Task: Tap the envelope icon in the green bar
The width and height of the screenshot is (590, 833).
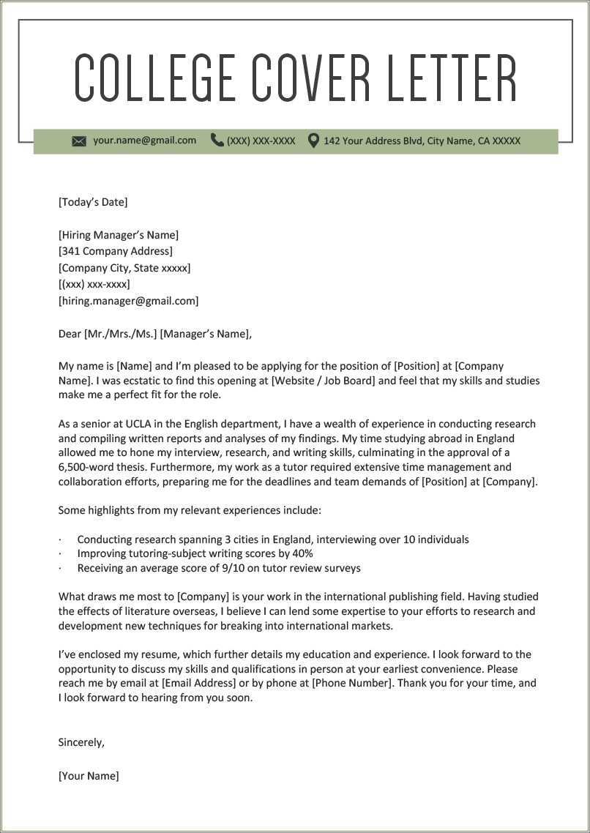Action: click(79, 141)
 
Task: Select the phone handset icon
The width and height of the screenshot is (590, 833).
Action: click(217, 140)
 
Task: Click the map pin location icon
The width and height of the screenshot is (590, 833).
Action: click(313, 140)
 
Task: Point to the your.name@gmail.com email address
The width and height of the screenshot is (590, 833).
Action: click(144, 140)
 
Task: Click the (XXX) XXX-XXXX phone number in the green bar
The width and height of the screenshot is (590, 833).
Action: click(261, 141)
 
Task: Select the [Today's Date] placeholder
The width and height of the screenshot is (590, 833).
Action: click(93, 202)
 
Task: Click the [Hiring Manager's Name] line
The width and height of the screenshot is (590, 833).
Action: click(119, 235)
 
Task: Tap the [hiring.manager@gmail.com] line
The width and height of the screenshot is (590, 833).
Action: click(128, 301)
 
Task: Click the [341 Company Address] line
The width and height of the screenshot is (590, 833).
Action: click(116, 251)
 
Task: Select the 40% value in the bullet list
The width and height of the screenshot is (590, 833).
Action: click(302, 553)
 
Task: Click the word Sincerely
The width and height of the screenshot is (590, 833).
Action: click(81, 742)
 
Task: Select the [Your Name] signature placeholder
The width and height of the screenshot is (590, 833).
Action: click(89, 776)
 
